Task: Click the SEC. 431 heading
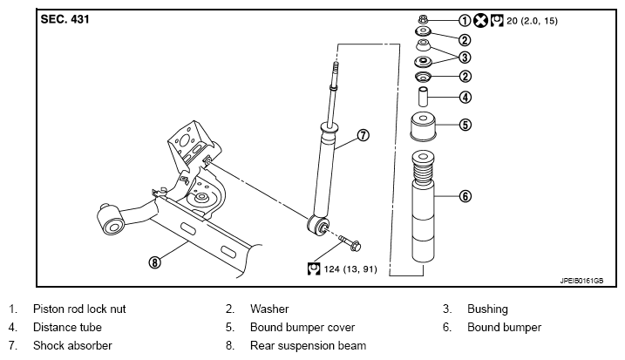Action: click(x=65, y=19)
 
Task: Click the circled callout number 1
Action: click(x=465, y=20)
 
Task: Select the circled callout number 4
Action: click(x=465, y=98)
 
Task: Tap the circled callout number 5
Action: click(x=465, y=125)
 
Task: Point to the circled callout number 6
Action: click(x=465, y=196)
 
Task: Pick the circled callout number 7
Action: click(x=363, y=136)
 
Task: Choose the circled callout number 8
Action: click(x=154, y=262)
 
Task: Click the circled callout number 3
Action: click(x=465, y=58)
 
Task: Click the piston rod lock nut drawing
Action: click(x=423, y=18)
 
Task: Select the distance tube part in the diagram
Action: click(x=423, y=97)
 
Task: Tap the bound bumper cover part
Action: click(x=423, y=126)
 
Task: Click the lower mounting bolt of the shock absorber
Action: click(x=350, y=243)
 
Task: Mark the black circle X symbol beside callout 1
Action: click(x=480, y=20)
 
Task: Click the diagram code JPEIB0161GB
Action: click(x=581, y=281)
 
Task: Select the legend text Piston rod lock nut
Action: click(x=79, y=309)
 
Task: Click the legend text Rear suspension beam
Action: click(x=308, y=346)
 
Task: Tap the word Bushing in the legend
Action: click(x=487, y=309)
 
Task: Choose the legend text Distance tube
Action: click(x=67, y=327)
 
